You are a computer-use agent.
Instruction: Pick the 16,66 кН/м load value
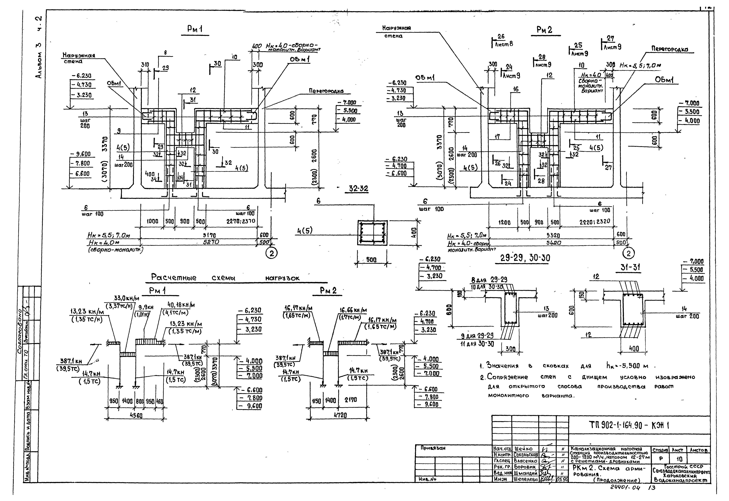click(353, 310)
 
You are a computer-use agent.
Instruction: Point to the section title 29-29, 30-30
click(525, 258)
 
